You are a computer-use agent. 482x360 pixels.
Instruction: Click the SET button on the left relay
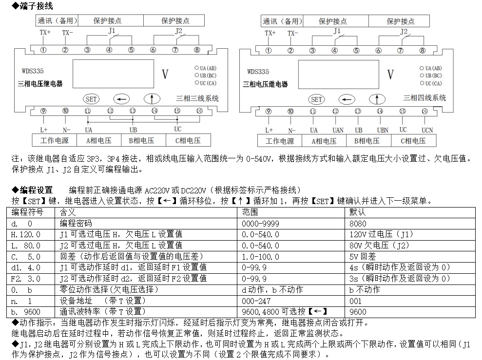[91, 99]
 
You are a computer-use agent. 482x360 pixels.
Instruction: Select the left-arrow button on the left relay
[121, 99]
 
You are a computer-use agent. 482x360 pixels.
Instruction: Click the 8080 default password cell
[358, 224]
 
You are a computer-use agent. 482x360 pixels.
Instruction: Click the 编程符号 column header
[27, 213]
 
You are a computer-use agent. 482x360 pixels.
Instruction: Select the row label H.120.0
[26, 234]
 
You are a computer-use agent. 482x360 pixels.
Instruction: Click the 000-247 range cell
[256, 301]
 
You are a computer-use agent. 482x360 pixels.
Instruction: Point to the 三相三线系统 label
[198, 98]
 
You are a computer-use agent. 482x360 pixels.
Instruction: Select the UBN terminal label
[383, 130]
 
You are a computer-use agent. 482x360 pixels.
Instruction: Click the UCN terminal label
[427, 130]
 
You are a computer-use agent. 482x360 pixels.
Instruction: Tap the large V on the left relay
[165, 75]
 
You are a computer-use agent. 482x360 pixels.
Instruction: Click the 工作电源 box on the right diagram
[279, 141]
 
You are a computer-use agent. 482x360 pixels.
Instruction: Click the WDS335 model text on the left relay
[30, 72]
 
